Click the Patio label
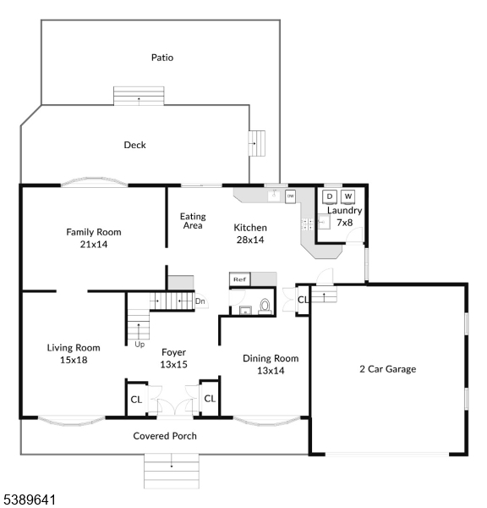pos(162,58)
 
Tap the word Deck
pos(134,145)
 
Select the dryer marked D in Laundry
pos(330,196)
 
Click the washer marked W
pos(347,196)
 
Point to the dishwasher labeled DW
pos(290,196)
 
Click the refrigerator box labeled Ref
pos(240,279)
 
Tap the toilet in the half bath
pos(265,306)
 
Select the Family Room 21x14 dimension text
pos(94,245)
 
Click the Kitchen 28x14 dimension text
pos(250,240)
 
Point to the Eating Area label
pos(193,221)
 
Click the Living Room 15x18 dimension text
pos(74,360)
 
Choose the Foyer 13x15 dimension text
pos(174,364)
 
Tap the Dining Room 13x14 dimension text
pos(271,371)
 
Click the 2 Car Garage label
pos(388,369)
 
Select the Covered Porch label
pos(165,436)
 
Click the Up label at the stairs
pos(140,344)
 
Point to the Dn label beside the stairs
pos(200,301)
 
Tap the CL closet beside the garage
pos(303,300)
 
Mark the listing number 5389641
pos(30,500)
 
